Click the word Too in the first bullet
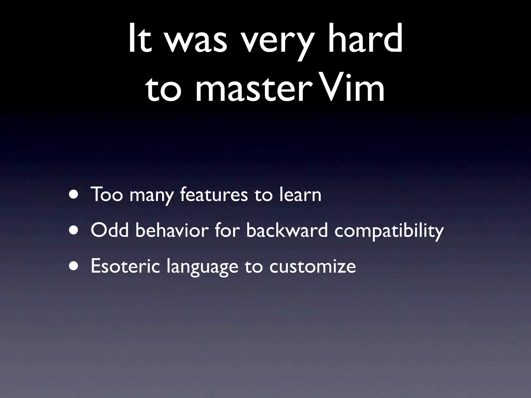pos(107,194)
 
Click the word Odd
pos(109,230)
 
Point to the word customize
pos(312,266)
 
